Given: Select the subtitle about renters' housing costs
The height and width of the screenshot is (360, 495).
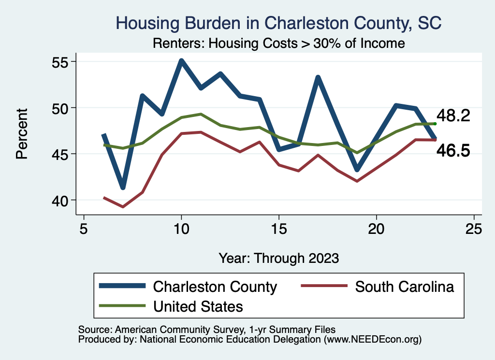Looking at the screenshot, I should [x=278, y=43].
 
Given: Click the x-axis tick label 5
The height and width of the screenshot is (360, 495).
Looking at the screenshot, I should [x=84, y=229].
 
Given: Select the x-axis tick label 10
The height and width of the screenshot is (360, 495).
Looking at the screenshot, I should [x=181, y=229].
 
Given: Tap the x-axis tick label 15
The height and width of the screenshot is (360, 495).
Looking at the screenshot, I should [x=279, y=229].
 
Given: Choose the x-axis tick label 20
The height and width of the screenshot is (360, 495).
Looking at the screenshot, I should [x=376, y=229].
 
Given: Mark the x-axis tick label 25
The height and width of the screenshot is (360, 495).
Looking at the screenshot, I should [x=474, y=229].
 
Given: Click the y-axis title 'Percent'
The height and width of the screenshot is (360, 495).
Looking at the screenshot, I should [x=22, y=133].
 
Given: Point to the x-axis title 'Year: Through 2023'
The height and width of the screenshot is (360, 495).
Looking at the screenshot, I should [x=278, y=258].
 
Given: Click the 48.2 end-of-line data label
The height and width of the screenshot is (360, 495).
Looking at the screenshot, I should [x=453, y=116].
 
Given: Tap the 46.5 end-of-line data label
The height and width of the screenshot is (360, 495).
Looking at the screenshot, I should [x=453, y=151].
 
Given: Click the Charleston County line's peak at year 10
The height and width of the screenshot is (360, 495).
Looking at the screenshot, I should [x=181, y=61].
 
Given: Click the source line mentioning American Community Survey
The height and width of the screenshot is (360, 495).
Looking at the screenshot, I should [x=206, y=330].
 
